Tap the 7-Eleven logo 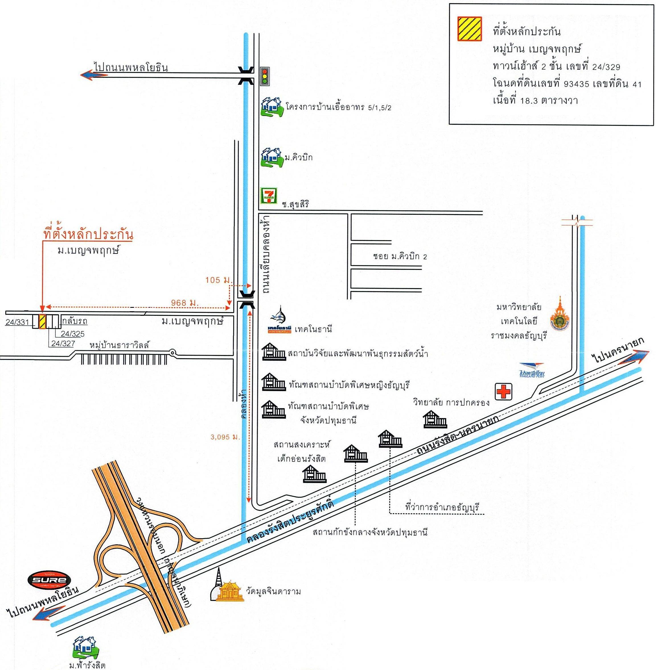268,196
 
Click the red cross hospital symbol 504,392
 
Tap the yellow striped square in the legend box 470,29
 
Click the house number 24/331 17,323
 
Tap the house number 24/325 72,334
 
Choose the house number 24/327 63,343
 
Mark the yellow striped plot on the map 42,321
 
